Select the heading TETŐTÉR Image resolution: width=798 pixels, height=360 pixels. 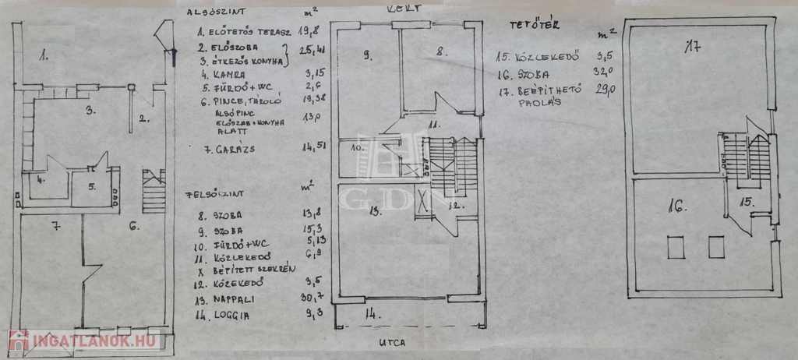tap(526, 25)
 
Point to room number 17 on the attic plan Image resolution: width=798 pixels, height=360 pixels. tap(691, 48)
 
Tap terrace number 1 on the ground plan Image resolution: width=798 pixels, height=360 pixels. tap(44, 55)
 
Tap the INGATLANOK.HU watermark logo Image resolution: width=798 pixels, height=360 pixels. tap(83, 341)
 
